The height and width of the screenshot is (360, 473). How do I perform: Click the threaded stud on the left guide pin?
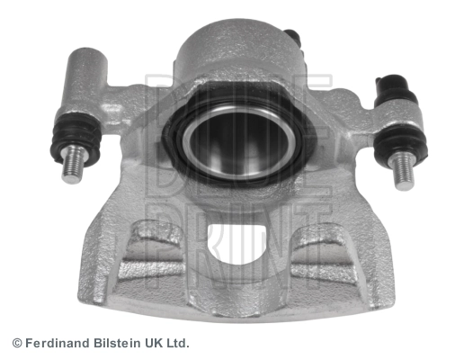pyautogui.click(x=73, y=165)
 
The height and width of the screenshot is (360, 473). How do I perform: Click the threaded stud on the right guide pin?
pyautogui.click(x=403, y=171)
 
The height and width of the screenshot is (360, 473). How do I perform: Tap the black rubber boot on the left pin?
pyautogui.click(x=76, y=138)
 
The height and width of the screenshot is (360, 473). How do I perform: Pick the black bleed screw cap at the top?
pyautogui.click(x=294, y=37)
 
